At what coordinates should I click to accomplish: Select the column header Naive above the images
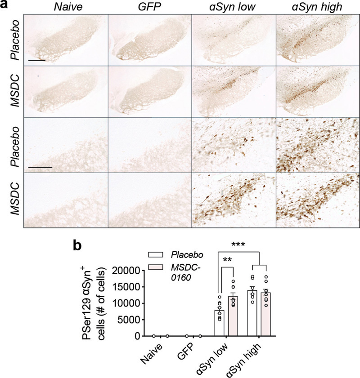tap(66, 8)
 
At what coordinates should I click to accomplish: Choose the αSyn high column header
tap(317, 8)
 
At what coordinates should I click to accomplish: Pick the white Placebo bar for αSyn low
tap(219, 323)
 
